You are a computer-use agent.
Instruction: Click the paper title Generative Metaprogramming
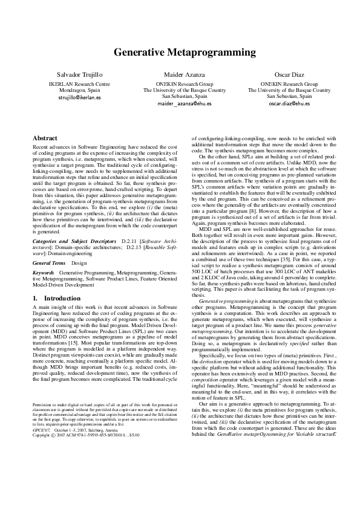click(x=180, y=53)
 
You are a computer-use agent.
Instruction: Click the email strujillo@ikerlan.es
click(x=79, y=97)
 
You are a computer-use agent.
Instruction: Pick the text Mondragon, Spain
click(x=79, y=90)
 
